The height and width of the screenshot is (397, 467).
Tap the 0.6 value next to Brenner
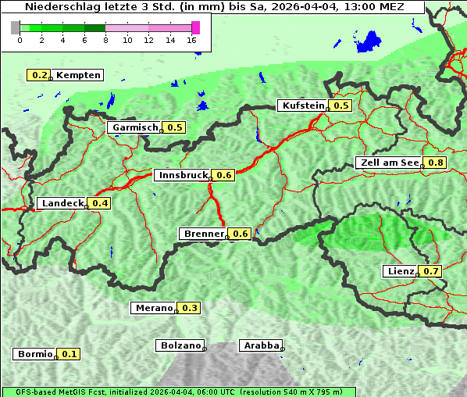(241, 234)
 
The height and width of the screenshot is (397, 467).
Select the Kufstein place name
(302, 106)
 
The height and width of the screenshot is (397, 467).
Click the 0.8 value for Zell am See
(435, 163)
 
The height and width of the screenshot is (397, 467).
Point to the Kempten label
(78, 75)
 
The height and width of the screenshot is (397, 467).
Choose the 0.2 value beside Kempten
(39, 75)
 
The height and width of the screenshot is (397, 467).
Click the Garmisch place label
(134, 127)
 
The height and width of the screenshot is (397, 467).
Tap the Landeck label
(62, 203)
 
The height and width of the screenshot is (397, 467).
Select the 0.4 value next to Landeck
(101, 203)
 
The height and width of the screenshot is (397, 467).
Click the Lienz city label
(401, 271)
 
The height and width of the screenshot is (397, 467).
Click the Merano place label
(153, 308)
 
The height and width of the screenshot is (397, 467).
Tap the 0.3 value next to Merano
(190, 308)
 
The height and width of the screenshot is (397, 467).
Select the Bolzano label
(180, 345)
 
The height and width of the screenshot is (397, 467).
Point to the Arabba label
(259, 345)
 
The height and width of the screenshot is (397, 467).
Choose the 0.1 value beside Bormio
(70, 354)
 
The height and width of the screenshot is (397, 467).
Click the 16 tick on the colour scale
(192, 39)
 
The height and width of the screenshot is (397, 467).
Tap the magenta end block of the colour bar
(195, 27)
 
